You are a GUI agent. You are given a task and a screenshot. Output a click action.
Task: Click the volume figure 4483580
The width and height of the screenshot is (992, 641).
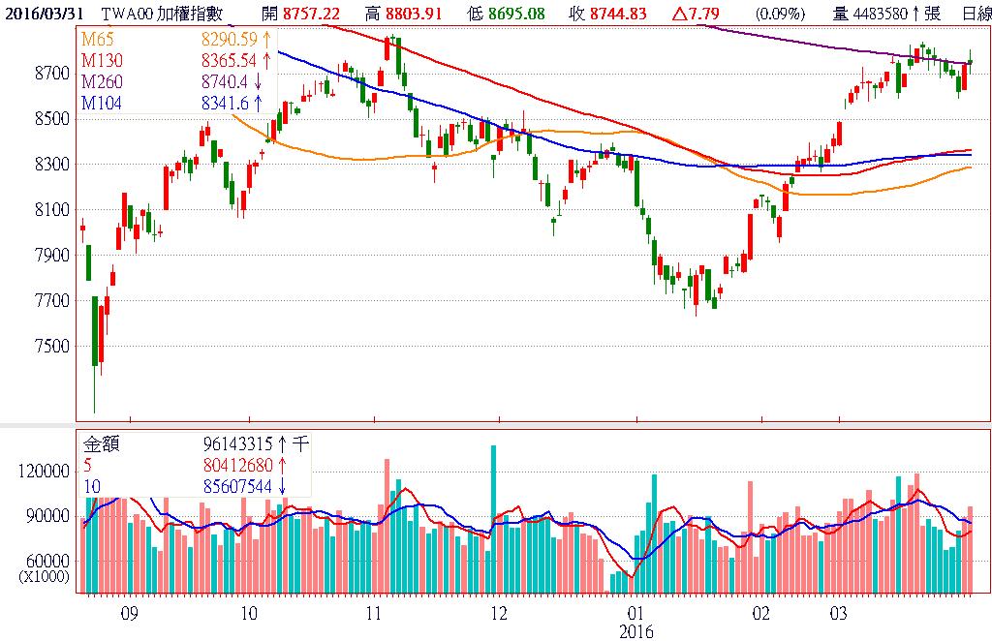[881, 13]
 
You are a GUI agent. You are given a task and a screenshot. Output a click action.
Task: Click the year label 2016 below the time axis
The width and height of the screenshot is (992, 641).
[636, 631]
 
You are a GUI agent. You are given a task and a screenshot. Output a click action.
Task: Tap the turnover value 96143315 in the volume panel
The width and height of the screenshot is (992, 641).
[238, 443]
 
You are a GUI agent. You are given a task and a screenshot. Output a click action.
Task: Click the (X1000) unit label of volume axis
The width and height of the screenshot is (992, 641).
[45, 575]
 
